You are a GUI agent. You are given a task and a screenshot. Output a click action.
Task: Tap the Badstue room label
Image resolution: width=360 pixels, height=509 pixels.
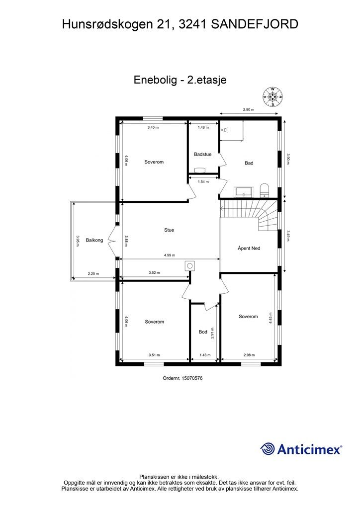[203, 155]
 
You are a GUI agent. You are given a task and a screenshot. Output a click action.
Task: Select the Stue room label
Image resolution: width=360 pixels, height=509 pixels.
[169, 230]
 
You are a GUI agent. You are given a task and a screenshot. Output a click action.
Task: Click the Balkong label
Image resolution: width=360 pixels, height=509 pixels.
[94, 240]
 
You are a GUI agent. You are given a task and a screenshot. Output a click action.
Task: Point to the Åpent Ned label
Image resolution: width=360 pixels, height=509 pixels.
[249, 248]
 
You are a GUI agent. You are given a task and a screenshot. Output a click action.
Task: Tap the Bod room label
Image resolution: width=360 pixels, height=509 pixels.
[203, 332]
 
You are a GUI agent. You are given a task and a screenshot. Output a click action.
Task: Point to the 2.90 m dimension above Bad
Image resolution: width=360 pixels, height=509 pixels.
[249, 110]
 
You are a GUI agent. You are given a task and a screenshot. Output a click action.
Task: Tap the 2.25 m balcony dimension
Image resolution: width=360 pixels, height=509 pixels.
[93, 273]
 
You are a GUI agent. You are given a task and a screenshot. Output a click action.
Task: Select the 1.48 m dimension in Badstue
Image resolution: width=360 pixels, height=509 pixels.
[203, 128]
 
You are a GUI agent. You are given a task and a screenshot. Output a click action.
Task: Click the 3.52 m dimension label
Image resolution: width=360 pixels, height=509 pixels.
[155, 272]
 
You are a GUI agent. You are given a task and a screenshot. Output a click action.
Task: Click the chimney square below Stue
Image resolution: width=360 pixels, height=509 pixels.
[189, 265]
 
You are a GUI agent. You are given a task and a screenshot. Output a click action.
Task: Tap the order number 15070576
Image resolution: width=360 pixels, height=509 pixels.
[182, 378]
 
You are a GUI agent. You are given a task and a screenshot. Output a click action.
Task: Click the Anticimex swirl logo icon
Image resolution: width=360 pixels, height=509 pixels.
[268, 449]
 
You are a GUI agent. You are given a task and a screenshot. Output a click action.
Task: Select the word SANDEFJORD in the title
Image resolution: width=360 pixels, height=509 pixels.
[255, 23]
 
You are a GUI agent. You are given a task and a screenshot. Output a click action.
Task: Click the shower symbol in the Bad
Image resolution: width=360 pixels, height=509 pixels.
[225, 130]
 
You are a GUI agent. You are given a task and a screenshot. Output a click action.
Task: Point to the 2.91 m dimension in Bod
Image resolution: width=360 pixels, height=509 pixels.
[212, 333]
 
